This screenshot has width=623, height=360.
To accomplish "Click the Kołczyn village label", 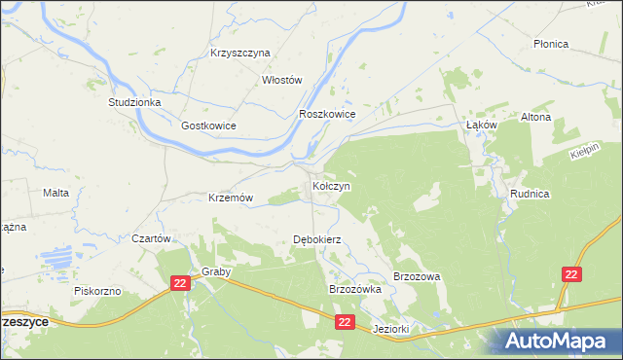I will tap(331, 185).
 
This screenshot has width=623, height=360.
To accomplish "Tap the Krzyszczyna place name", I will tap(239, 54).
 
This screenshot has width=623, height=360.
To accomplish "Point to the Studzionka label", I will tap(134, 101).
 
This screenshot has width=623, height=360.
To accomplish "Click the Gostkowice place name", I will tap(208, 126).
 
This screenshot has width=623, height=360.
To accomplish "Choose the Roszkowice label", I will tap(327, 114).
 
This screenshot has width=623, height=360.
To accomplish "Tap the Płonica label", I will tap(551, 45).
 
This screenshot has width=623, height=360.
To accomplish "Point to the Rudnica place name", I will tap(530, 194).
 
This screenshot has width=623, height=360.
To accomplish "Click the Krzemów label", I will tap(231, 198).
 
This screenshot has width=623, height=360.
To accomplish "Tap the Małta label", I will tap(55, 193).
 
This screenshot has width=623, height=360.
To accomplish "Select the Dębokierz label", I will tap(316, 239).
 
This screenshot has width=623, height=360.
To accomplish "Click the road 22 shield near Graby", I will tap(179, 282).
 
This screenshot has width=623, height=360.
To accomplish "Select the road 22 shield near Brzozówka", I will tap(345, 320).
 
